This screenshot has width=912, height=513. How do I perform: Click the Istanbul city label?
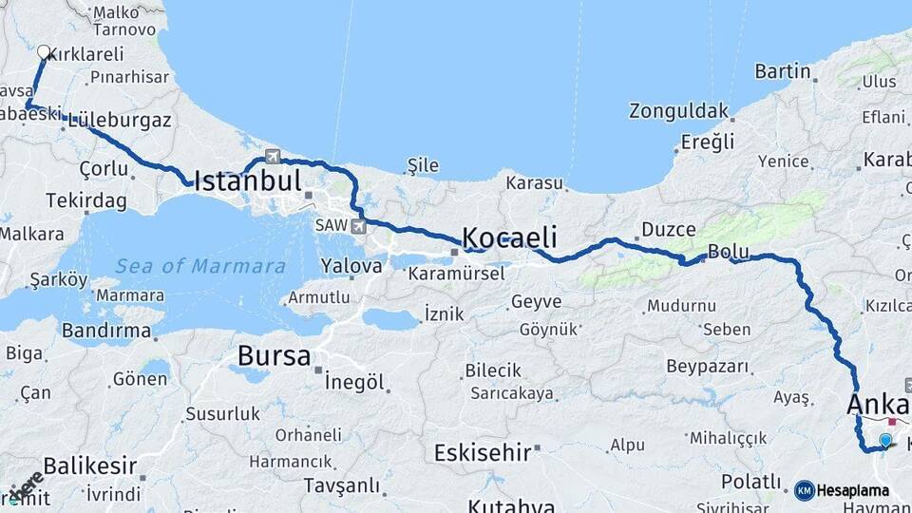[x=248, y=181]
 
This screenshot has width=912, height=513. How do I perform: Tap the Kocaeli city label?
[x=509, y=237]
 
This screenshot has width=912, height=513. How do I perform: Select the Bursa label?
[x=274, y=356]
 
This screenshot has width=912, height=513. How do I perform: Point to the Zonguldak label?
[x=678, y=110]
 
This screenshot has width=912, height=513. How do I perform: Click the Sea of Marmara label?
[x=200, y=266]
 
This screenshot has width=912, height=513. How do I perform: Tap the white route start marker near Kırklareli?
[x=43, y=52]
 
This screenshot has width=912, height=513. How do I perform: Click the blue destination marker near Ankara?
[x=885, y=440]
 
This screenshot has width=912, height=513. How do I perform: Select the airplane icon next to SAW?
[x=358, y=226]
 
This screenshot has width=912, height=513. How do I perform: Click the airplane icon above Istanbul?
[x=274, y=157]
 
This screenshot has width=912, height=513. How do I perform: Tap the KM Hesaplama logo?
[x=842, y=490]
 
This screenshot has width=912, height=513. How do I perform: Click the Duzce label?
[x=669, y=229]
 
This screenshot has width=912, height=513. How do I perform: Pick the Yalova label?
[x=351, y=266]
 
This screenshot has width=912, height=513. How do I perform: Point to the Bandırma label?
[x=105, y=332]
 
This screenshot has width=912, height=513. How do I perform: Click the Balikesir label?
[x=90, y=467]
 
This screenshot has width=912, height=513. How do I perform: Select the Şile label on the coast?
[x=423, y=166]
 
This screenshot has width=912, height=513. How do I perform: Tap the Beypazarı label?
[x=708, y=367]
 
